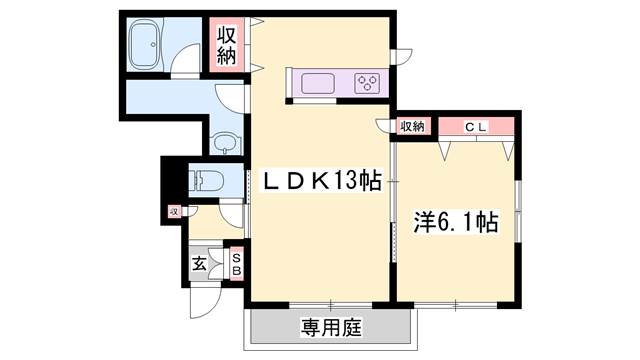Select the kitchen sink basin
coord(317,82)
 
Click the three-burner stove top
coord(367,83)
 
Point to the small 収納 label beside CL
coord(412,126)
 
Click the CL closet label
coord(475,126)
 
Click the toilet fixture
coord(207,182)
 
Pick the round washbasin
coord(226,143)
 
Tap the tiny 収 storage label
coord(174,212)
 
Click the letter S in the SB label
coord(237,256)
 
